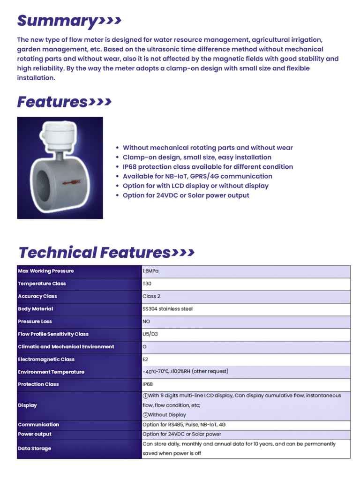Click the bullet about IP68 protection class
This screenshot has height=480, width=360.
(x=208, y=167)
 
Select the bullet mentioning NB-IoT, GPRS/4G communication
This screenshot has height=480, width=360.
(x=197, y=176)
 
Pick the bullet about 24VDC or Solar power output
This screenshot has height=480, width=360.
(x=186, y=195)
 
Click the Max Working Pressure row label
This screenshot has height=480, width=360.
(x=46, y=271)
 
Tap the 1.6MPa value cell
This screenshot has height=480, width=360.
(x=151, y=271)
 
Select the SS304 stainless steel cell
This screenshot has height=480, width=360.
(x=167, y=309)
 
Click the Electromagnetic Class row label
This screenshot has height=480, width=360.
(x=46, y=360)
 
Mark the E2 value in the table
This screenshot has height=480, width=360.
(x=146, y=360)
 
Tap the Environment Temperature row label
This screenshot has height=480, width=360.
(x=51, y=372)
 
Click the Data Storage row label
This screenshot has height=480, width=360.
(x=34, y=449)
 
